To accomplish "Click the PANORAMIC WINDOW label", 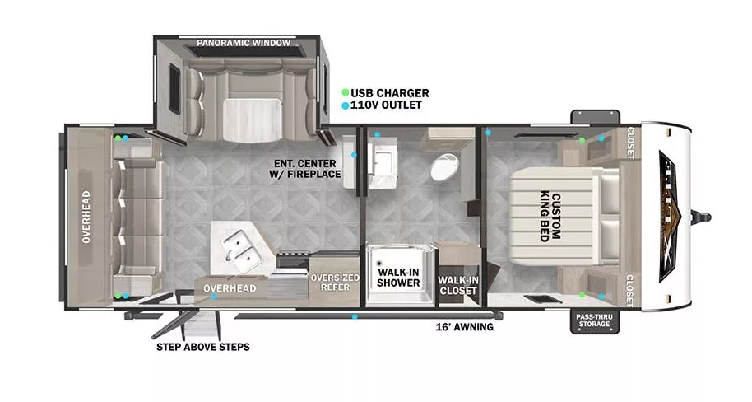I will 241,42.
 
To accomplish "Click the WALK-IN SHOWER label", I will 398,277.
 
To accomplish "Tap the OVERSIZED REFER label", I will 334,283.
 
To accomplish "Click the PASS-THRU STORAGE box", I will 592,319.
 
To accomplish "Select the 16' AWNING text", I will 465,327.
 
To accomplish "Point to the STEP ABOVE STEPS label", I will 202,347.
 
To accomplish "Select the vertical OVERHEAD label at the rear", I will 86,217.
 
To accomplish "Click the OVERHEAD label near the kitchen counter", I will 230,288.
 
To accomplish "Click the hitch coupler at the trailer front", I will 703,217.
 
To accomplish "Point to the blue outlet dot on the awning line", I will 355,316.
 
